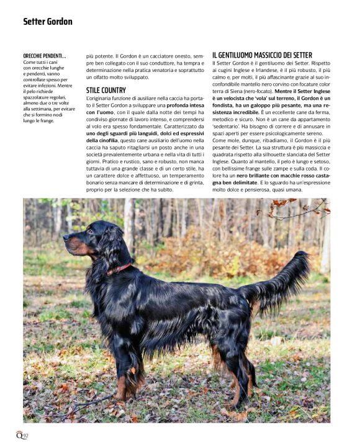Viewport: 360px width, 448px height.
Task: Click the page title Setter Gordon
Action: [x=48, y=22]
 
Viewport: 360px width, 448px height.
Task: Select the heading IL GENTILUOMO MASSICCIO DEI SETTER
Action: [x=262, y=55]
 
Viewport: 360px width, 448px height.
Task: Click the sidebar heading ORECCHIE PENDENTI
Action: [x=45, y=56]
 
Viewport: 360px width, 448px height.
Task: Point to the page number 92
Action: [x=26, y=436]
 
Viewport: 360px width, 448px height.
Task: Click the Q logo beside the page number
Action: [x=19, y=435]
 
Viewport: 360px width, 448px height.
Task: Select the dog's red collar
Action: [x=120, y=269]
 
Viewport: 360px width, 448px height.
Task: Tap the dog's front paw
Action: [x=122, y=395]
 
